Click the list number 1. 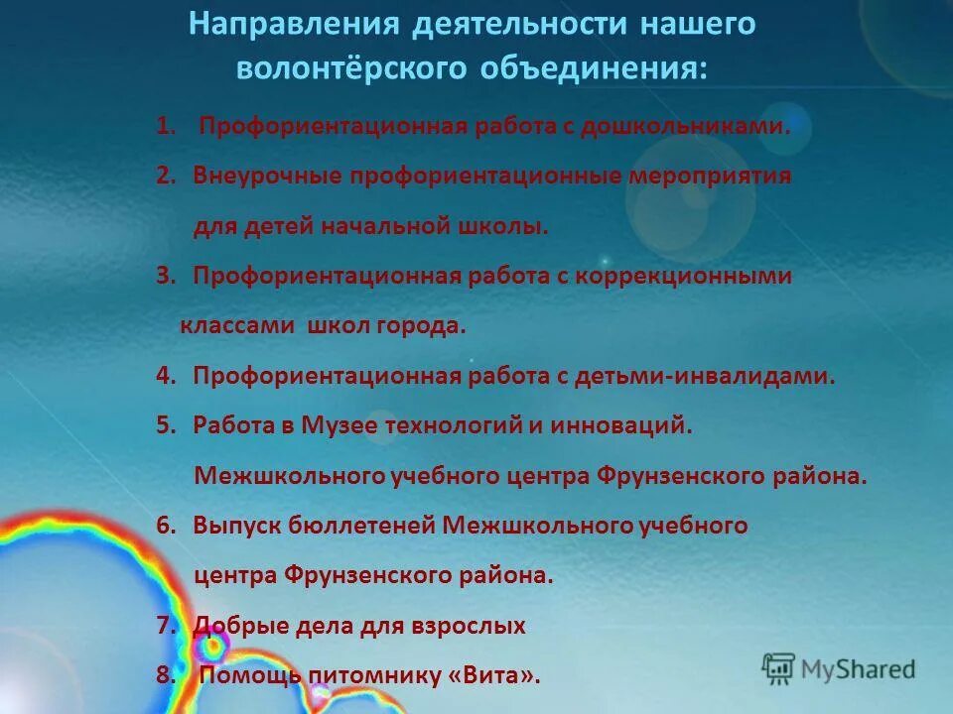click(x=165, y=126)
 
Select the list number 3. click(x=165, y=276)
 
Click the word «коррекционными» click(x=695, y=276)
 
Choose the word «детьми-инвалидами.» click(x=730, y=376)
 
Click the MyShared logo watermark click(x=840, y=668)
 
